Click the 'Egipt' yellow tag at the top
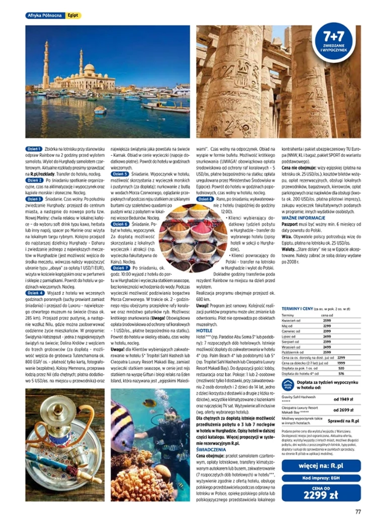coord(74,16)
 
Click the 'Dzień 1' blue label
coord(34,149)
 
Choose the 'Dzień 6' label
coord(119,223)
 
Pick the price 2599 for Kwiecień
coord(326,320)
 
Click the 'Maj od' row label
coord(289,326)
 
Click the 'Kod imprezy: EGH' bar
coord(321,478)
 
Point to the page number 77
coord(357,512)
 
